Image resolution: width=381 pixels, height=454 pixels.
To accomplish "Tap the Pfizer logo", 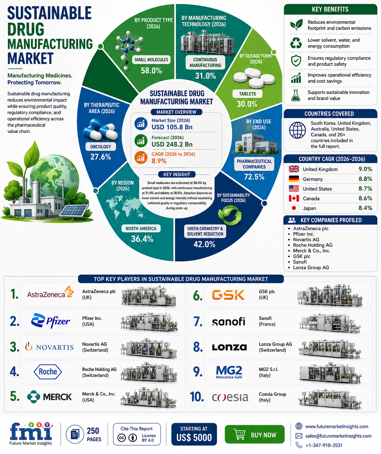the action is coord(51,321).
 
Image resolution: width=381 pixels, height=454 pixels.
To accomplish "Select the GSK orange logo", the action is coord(228,295).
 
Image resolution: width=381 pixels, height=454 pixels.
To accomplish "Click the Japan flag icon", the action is coord(294,208).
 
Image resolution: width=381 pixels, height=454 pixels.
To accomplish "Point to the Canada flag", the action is coord(294,198).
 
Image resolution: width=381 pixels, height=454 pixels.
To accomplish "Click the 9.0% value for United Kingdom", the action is coord(365,169).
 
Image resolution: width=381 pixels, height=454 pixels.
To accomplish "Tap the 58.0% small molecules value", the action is coord(151,70).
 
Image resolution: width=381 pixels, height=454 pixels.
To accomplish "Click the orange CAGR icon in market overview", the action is coord(141,157).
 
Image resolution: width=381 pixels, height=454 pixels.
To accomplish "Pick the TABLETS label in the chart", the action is coord(247,94).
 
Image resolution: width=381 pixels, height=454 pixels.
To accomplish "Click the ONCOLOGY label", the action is coord(100,147).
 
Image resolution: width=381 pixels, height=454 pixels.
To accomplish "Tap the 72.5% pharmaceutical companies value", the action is coord(254,177).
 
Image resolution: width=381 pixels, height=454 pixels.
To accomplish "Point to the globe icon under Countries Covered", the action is coord(298,130).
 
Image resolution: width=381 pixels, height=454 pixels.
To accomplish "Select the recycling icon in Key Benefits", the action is coord(296,43).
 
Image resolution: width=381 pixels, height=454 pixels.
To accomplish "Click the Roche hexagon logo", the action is coord(48,372).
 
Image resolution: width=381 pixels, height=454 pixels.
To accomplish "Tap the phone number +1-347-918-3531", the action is coord(324,445).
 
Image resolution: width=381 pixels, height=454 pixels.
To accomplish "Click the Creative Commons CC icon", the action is coord(122,438).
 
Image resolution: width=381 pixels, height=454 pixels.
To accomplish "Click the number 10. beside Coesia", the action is coord(197,397).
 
